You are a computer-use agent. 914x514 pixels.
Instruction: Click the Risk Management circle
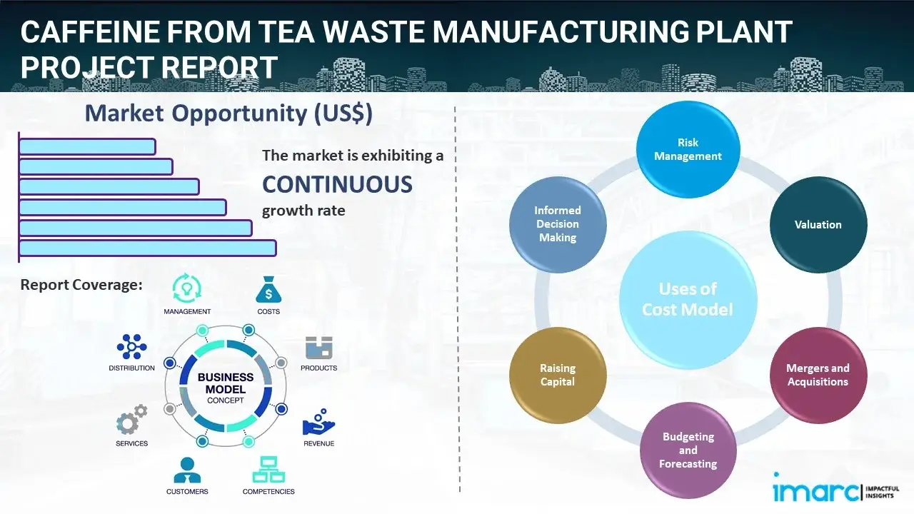[688, 150]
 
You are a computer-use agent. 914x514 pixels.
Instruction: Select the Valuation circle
[818, 224]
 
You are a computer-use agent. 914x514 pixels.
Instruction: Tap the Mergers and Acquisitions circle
[818, 375]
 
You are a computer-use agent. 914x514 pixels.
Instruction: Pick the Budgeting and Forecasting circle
[688, 450]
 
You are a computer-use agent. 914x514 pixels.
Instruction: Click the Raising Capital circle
[558, 375]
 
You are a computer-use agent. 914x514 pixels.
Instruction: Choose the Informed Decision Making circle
[558, 224]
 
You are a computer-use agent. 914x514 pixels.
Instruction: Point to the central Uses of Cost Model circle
[688, 299]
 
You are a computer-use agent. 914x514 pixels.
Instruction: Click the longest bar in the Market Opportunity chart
[147, 248]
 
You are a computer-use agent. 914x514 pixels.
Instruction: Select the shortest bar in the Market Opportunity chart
[87, 146]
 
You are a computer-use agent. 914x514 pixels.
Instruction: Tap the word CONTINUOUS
[337, 185]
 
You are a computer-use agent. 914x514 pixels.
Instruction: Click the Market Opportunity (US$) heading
[228, 114]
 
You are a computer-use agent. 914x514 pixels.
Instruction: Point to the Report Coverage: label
[81, 285]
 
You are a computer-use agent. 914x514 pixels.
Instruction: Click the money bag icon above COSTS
[268, 290]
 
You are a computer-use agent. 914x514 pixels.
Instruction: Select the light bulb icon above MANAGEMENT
[187, 288]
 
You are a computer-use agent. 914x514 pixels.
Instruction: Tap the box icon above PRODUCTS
[318, 348]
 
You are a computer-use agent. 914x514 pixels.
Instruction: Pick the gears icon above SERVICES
[131, 421]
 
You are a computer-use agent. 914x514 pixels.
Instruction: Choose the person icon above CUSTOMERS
[187, 470]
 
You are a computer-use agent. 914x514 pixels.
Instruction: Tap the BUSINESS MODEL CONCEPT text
[226, 388]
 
